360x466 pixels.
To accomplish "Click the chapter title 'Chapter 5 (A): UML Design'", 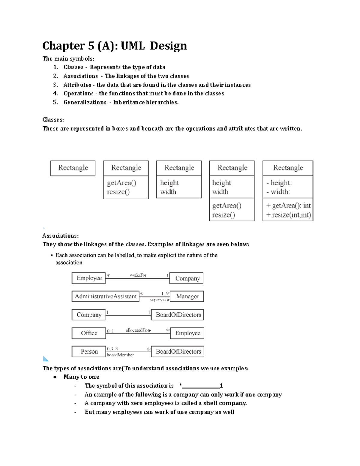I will click(114, 46).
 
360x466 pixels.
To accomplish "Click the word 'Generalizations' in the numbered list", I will click(85, 102).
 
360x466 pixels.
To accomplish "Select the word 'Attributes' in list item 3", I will click(77, 85).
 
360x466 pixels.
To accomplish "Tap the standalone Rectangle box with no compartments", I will click(73, 168).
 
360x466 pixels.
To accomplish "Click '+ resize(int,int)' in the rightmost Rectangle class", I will click(288, 215).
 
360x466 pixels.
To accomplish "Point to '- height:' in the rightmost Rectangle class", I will click(279, 183).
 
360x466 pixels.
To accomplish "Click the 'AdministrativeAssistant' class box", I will click(106, 296).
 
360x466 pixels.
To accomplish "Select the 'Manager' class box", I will click(187, 296).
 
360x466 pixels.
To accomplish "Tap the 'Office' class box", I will click(89, 333).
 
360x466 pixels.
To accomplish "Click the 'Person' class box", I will click(89, 351).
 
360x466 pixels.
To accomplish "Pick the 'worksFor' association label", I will click(138, 275).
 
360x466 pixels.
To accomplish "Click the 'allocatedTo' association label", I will click(137, 330).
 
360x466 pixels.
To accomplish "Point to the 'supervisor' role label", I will click(160, 300).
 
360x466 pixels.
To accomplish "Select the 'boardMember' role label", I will click(120, 355).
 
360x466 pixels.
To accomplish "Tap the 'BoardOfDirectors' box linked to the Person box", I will click(178, 351).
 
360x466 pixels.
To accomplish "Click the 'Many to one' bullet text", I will click(81, 377).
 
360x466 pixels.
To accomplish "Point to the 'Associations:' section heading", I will click(61, 236).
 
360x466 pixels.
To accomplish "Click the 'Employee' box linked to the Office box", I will click(187, 333).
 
